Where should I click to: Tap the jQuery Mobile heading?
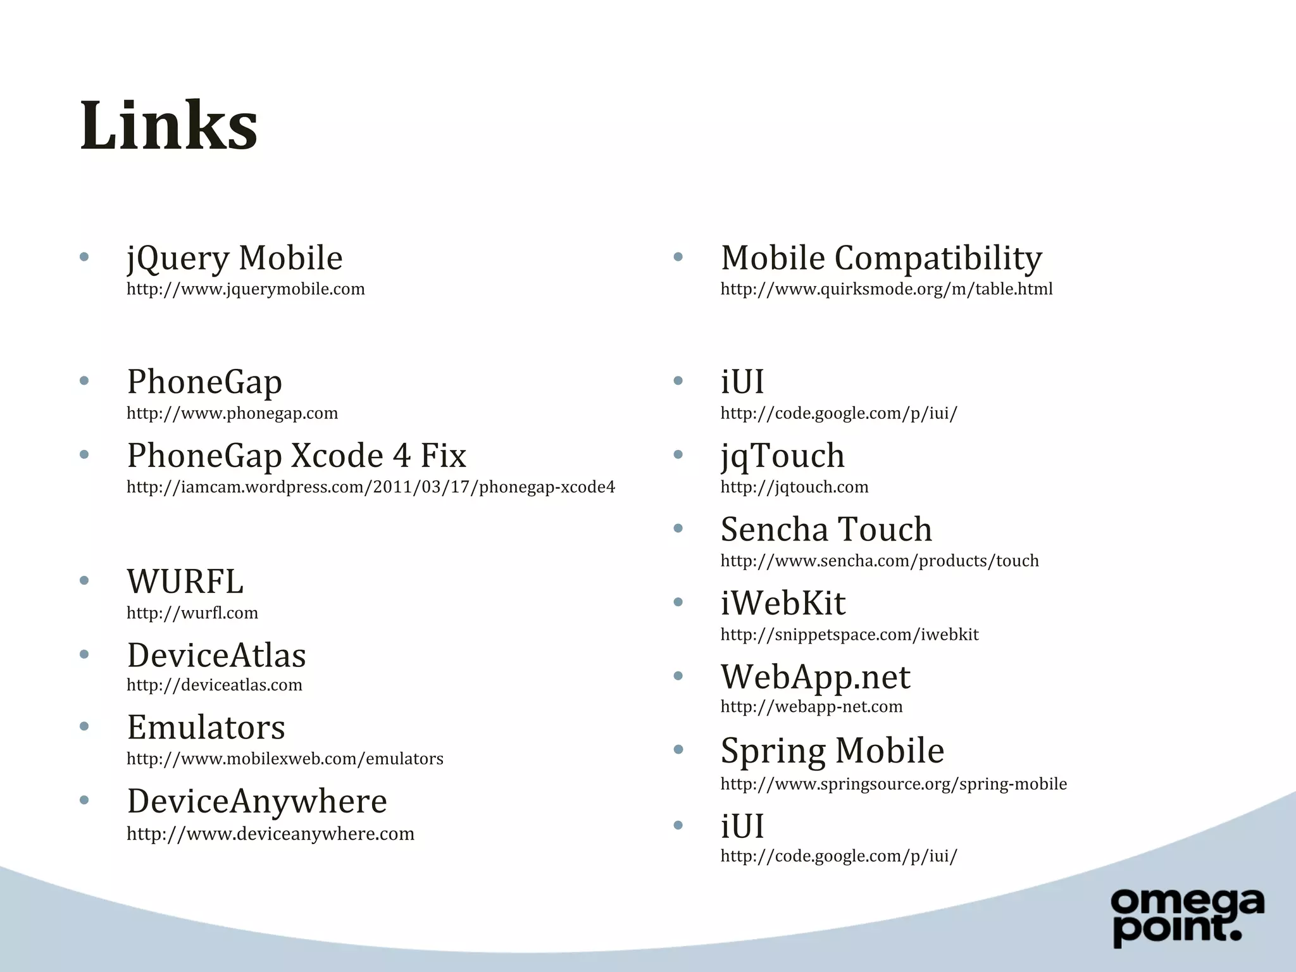pos(234,258)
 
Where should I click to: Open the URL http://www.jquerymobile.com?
pos(246,289)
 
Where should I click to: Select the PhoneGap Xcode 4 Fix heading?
pos(296,456)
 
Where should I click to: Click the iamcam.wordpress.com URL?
pos(370,487)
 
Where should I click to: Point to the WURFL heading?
pos(185,582)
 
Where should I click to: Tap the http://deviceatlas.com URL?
pos(214,685)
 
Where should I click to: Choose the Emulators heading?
pos(206,728)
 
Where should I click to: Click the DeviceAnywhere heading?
pos(257,802)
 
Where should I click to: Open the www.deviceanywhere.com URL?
pos(270,834)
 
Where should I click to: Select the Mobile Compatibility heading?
pos(881,258)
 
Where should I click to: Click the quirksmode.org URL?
pos(886,289)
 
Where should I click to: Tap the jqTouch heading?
pos(782,456)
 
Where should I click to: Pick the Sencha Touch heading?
pos(826,530)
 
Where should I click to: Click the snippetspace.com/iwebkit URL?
pos(849,635)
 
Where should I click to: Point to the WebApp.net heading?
pos(815,677)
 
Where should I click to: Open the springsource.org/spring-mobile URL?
pos(893,784)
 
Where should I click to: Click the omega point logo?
pos(1187,918)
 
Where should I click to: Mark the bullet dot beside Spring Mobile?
pos(678,750)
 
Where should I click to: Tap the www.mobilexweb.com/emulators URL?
pos(285,759)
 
